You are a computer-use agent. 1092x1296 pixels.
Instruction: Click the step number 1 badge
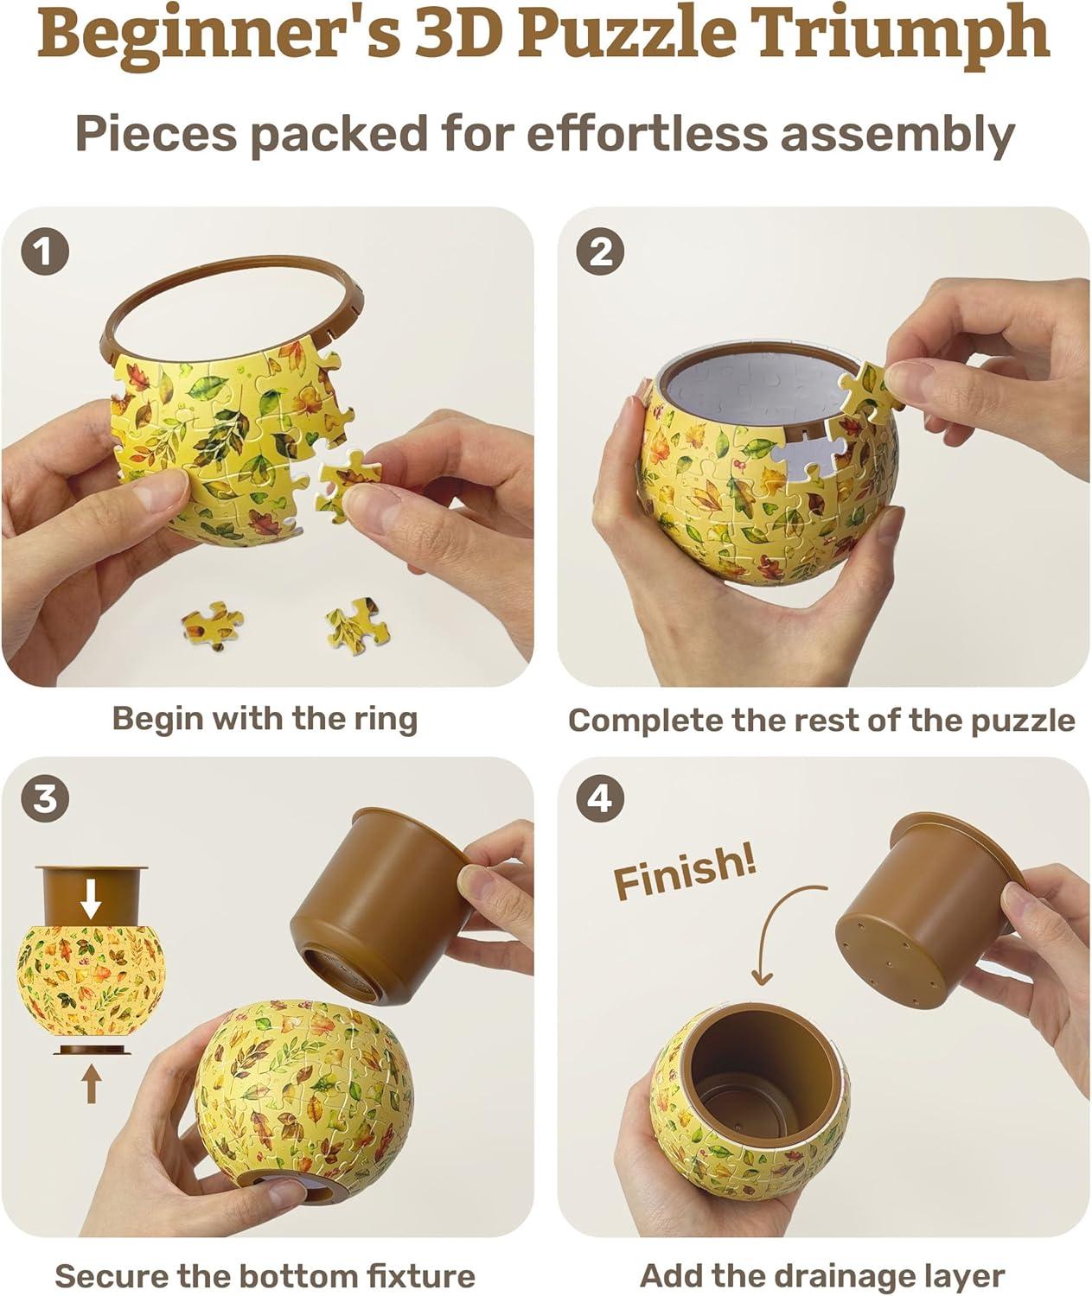45,251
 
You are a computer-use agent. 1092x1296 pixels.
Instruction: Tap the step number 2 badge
600,251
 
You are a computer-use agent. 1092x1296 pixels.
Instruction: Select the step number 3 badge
45,800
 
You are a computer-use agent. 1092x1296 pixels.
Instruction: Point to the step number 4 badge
600,800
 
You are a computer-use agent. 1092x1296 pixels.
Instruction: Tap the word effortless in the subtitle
647,134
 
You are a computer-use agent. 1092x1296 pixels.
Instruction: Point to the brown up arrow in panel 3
91,1084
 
